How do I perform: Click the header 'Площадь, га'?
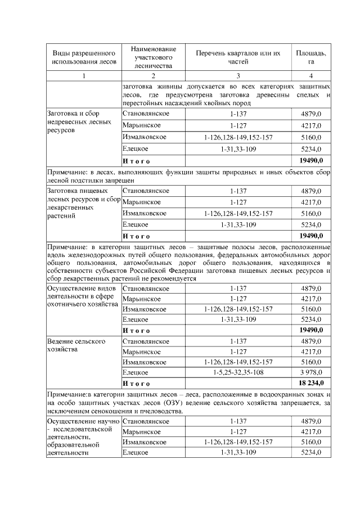click(x=311, y=57)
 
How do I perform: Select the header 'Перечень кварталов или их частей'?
click(x=238, y=57)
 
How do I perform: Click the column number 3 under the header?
click(x=238, y=76)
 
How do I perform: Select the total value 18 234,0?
click(x=310, y=383)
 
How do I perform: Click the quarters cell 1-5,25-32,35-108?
click(x=238, y=372)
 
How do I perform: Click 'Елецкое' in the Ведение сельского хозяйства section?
click(x=135, y=372)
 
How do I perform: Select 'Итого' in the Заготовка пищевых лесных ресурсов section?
click(x=136, y=235)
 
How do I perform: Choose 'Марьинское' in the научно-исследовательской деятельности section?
click(x=141, y=431)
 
